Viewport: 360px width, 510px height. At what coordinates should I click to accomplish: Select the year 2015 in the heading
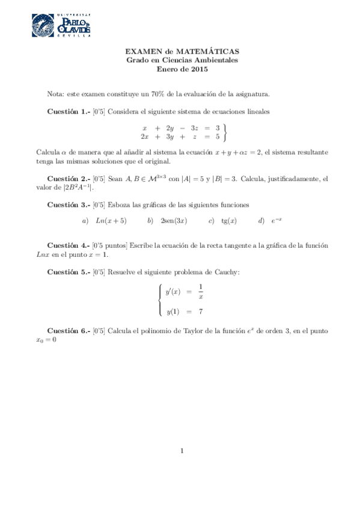tap(198, 69)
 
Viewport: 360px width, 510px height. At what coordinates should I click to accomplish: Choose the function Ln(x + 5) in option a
tap(111, 221)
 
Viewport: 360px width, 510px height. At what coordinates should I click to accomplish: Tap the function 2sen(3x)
tap(174, 221)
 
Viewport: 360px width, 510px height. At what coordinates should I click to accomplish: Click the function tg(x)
tap(229, 221)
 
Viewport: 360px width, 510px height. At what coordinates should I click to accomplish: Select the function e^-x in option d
tap(276, 221)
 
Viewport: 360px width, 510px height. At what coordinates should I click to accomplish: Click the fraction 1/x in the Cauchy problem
tap(201, 292)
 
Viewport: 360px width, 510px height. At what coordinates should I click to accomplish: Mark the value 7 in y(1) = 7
tap(200, 312)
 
